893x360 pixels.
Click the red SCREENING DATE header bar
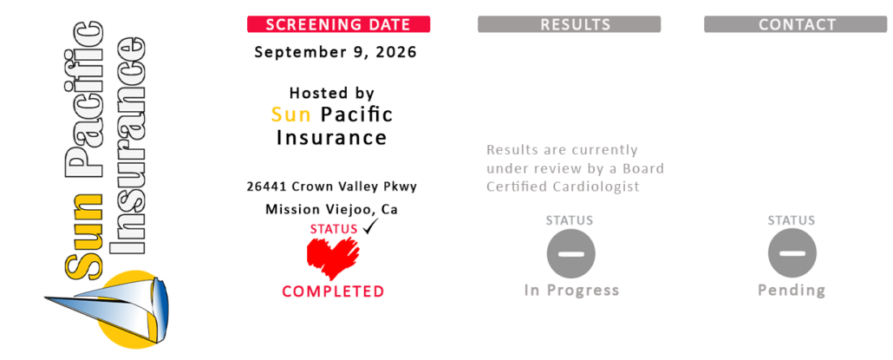click(338, 24)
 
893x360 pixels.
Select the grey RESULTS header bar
click(569, 24)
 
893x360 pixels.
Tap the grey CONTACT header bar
click(796, 24)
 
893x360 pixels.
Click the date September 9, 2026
click(336, 52)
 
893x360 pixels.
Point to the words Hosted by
click(331, 93)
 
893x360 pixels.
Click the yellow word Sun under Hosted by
click(291, 115)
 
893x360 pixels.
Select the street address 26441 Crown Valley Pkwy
click(331, 187)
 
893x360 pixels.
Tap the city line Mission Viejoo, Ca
click(331, 210)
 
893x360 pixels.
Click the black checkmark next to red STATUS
click(371, 226)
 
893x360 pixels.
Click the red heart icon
click(333, 258)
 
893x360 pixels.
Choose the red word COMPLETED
click(333, 291)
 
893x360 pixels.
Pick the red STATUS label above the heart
click(334, 229)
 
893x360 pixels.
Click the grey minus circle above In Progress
click(571, 254)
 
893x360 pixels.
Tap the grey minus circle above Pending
click(792, 254)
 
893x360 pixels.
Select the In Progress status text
click(571, 291)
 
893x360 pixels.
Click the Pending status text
click(792, 291)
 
